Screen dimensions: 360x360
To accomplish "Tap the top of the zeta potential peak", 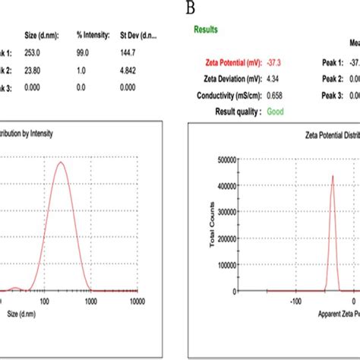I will [332, 176].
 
